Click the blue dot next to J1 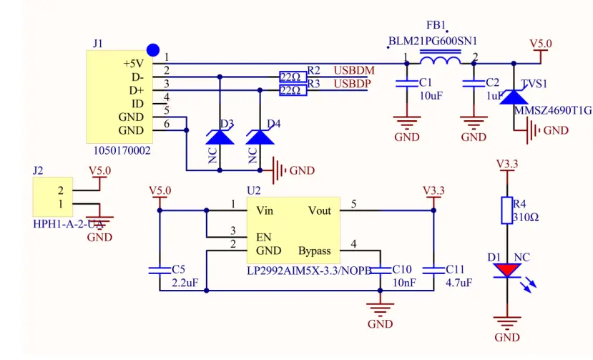(x=152, y=50)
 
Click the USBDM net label (x=354, y=71)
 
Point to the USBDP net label (x=353, y=84)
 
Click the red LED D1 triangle (x=507, y=271)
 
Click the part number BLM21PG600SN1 (x=433, y=42)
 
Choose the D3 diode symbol (x=220, y=137)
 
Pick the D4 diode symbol (x=260, y=137)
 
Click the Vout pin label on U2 (x=319, y=210)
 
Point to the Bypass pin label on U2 (x=314, y=250)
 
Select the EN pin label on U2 (x=264, y=237)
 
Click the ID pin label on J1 (x=137, y=104)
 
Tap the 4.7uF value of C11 (x=459, y=283)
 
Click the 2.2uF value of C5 (x=185, y=283)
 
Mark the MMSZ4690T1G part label (x=553, y=110)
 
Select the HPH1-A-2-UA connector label (x=69, y=224)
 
